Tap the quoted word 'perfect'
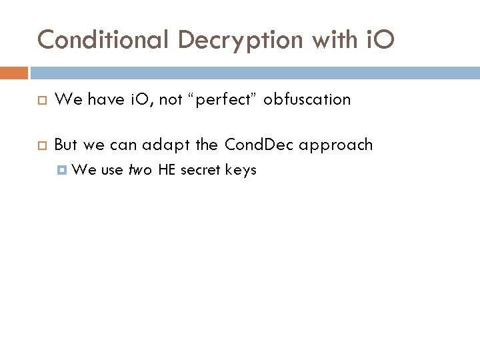225,100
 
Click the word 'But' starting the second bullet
66,145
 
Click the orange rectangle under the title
15,72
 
